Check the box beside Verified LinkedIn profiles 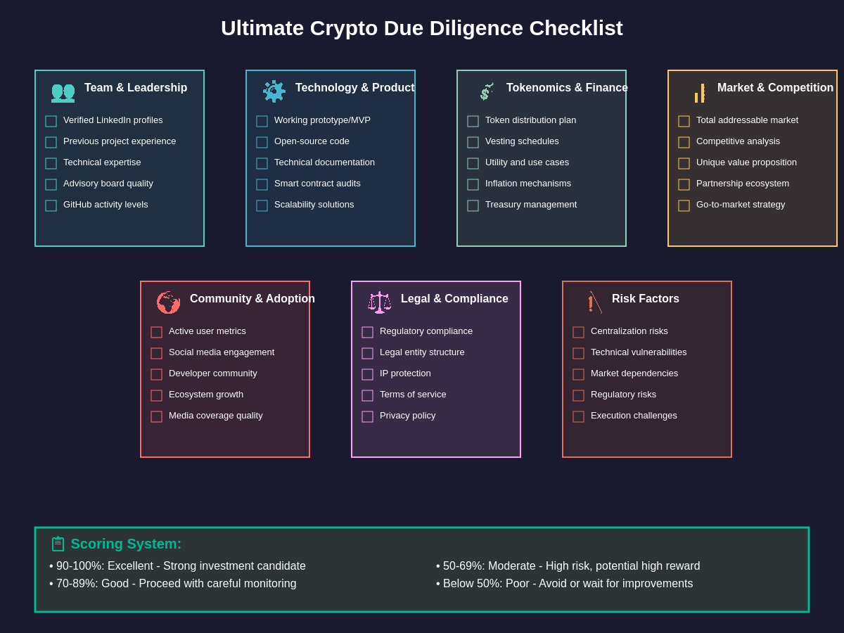51,121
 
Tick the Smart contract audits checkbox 262,184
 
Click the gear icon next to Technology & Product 274,91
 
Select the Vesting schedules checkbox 473,142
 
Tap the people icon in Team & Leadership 63,92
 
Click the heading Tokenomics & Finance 567,88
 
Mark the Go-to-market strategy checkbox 684,205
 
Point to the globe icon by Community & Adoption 168,302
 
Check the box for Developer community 157,374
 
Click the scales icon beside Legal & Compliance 380,302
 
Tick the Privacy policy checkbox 368,416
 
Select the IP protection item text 405,373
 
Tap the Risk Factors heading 645,299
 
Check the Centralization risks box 579,332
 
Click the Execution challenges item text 634,416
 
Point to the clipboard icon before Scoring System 58,544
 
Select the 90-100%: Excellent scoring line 179,566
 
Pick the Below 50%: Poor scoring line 565,584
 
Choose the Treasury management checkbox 473,205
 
